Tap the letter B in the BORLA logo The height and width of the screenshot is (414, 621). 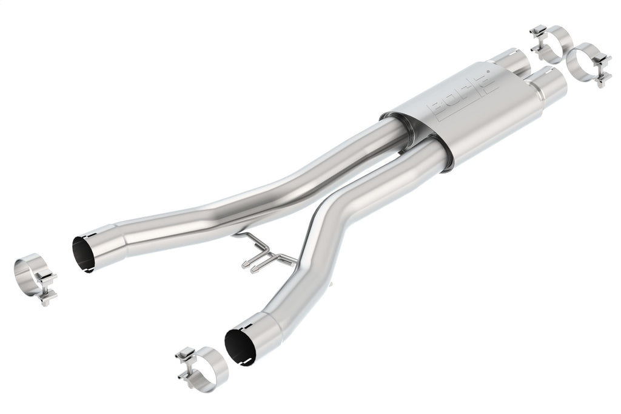point(438,109)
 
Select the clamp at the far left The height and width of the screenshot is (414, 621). point(35,279)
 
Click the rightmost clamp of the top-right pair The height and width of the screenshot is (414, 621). point(589,63)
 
